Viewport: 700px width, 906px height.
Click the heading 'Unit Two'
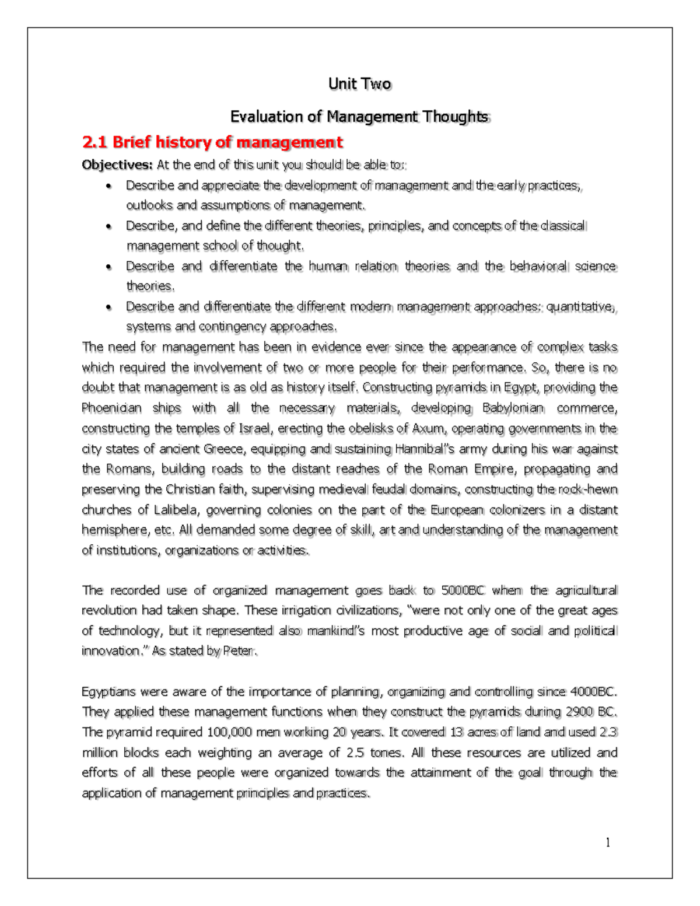tap(359, 84)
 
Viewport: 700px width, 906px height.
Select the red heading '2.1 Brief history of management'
tap(212, 142)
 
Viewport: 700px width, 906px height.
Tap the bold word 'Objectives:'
tap(117, 165)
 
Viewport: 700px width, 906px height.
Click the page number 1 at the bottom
tap(608, 842)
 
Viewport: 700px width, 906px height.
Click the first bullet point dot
tap(108, 187)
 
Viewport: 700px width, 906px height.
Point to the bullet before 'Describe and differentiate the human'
tap(108, 267)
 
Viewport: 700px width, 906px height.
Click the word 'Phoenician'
tap(111, 408)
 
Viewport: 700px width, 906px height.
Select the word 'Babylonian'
tap(513, 408)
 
